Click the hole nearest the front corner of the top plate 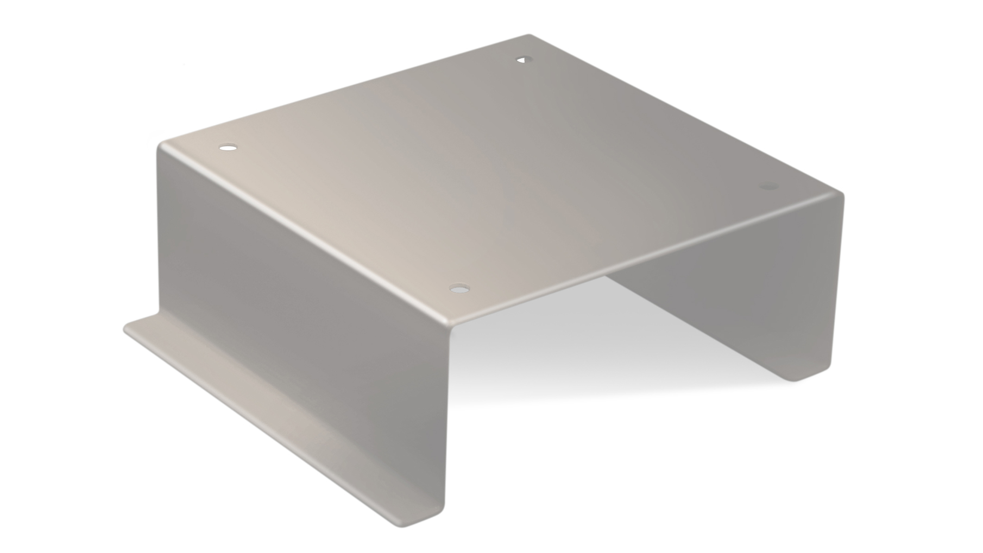tap(459, 288)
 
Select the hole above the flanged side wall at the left tap(228, 148)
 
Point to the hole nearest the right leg tap(768, 187)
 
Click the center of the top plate tap(489, 174)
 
